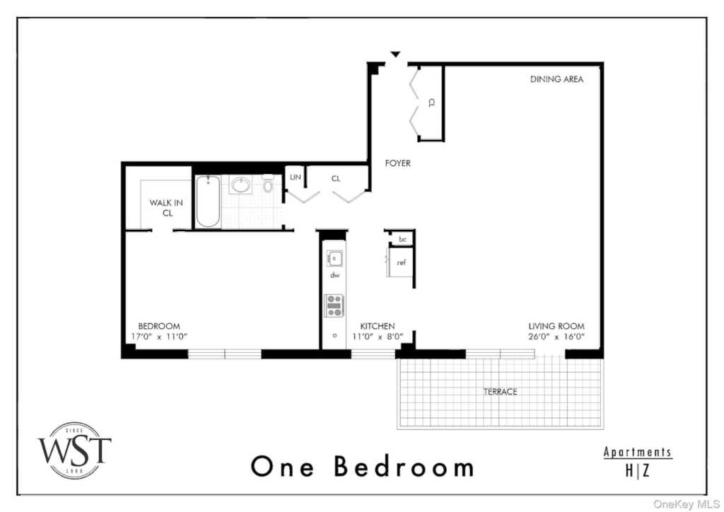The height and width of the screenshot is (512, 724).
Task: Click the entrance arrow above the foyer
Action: click(395, 54)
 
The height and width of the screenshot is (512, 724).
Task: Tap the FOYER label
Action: click(397, 163)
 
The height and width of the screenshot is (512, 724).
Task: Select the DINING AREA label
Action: click(556, 79)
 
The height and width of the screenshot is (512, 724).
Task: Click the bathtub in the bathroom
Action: click(208, 202)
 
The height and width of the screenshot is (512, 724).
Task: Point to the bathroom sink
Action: click(240, 185)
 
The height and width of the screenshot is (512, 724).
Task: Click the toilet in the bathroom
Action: click(268, 184)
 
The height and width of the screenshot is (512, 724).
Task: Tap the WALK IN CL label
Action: click(166, 208)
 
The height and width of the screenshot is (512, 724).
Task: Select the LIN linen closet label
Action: click(296, 177)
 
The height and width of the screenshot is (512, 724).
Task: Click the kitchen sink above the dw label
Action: click(334, 259)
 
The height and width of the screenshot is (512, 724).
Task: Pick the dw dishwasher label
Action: click(334, 275)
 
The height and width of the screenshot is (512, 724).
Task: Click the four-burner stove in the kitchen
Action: click(334, 306)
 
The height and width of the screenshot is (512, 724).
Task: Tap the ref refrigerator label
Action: click(402, 262)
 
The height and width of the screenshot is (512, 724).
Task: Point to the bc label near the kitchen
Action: click(402, 239)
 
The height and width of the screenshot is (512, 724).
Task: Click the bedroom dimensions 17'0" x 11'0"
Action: click(159, 337)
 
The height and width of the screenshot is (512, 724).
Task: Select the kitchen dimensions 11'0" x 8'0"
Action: click(378, 337)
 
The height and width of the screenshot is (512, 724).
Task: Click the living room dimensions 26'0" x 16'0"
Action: click(556, 337)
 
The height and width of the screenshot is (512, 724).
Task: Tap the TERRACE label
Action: click(500, 392)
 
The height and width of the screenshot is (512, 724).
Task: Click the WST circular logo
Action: click(74, 450)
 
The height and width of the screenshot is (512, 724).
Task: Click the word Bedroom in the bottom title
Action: click(404, 466)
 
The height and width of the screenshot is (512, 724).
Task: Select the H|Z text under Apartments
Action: click(637, 470)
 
